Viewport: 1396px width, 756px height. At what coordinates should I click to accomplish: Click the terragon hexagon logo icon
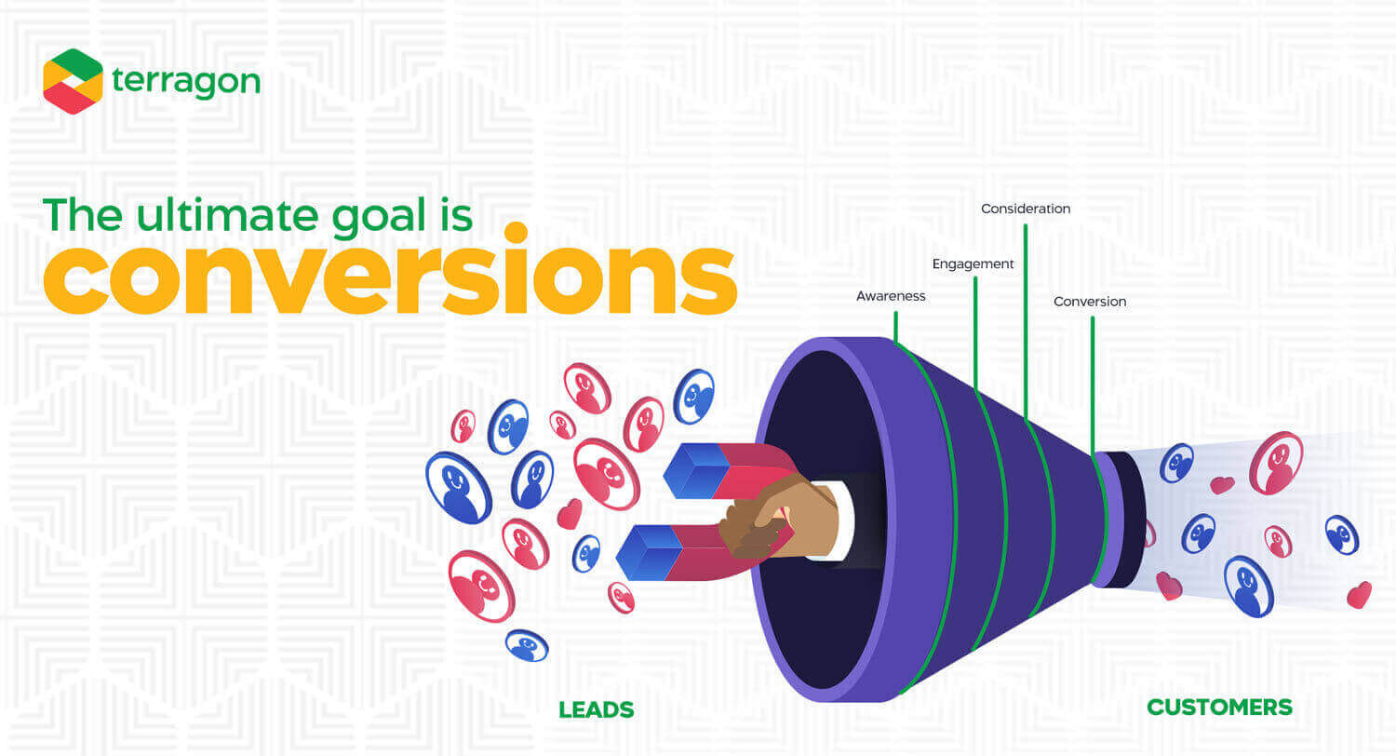[73, 81]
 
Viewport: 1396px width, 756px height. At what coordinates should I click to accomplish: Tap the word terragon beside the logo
[186, 82]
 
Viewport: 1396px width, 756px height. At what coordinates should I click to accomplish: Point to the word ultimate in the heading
[227, 215]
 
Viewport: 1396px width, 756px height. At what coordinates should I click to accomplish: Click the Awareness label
[891, 296]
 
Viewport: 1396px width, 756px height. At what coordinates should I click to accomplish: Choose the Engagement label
[973, 264]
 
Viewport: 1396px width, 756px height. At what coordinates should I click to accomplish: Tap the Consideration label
[1026, 209]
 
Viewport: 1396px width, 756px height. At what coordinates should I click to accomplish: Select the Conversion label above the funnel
[1090, 302]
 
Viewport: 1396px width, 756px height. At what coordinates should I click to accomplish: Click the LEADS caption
[597, 709]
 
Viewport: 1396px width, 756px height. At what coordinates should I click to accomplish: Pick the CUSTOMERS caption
[1219, 708]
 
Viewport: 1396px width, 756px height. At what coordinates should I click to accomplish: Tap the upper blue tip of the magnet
[697, 470]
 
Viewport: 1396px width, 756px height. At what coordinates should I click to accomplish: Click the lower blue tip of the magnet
[649, 553]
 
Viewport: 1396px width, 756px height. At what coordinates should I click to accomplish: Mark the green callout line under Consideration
[1026, 321]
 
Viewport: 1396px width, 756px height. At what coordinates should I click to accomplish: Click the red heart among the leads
[570, 514]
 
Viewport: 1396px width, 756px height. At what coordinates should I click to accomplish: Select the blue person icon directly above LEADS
[528, 646]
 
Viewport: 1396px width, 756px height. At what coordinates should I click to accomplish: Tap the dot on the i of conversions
[516, 233]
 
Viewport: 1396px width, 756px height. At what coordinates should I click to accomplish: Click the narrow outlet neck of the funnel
[1120, 520]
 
